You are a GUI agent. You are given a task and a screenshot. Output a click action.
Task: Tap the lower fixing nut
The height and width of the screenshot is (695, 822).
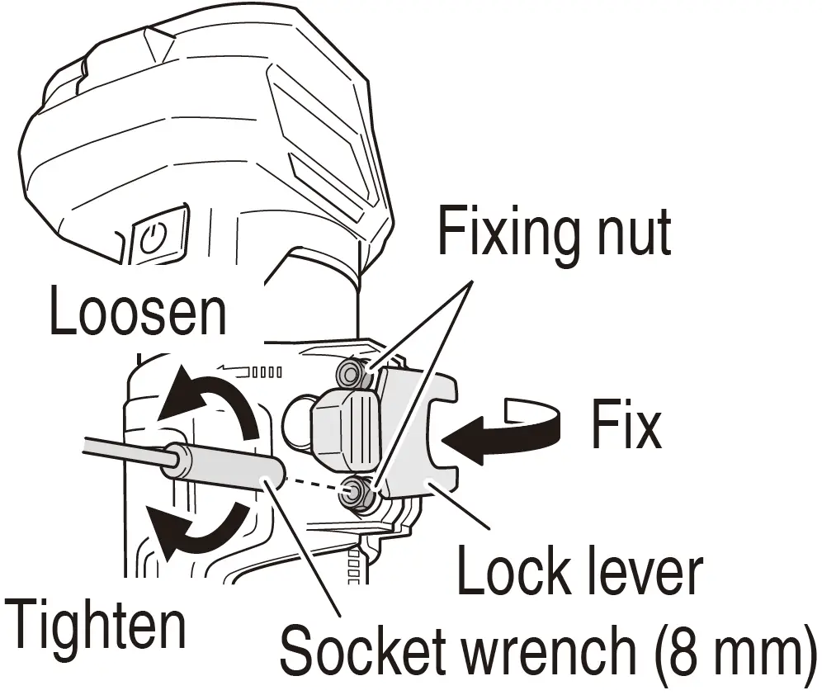(x=357, y=492)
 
